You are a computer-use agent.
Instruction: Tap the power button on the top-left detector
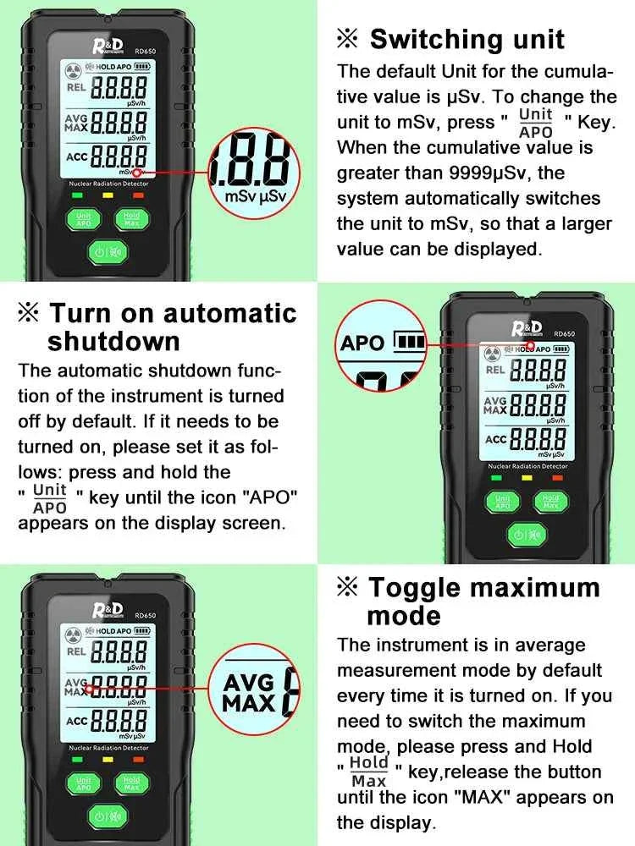[108, 251]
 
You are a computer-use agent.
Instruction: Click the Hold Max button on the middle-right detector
[550, 502]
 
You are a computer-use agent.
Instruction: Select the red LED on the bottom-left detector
[139, 760]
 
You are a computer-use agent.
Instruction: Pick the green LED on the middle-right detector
[496, 478]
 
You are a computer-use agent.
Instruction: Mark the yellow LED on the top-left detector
[108, 195]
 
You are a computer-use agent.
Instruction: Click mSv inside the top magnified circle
[240, 196]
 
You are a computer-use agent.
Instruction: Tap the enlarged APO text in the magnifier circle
[362, 343]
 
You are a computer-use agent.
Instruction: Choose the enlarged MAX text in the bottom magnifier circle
[250, 704]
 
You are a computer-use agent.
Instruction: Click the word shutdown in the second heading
[113, 342]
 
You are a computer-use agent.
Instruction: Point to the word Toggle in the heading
[414, 588]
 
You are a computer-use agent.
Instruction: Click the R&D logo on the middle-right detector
[527, 328]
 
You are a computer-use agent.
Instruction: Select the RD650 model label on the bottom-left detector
[146, 616]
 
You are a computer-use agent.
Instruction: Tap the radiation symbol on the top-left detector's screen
[73, 70]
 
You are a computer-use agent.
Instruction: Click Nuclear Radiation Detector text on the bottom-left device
[108, 748]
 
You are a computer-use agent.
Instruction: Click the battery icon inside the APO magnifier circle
[411, 342]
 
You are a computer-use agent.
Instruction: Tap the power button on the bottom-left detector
[108, 816]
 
